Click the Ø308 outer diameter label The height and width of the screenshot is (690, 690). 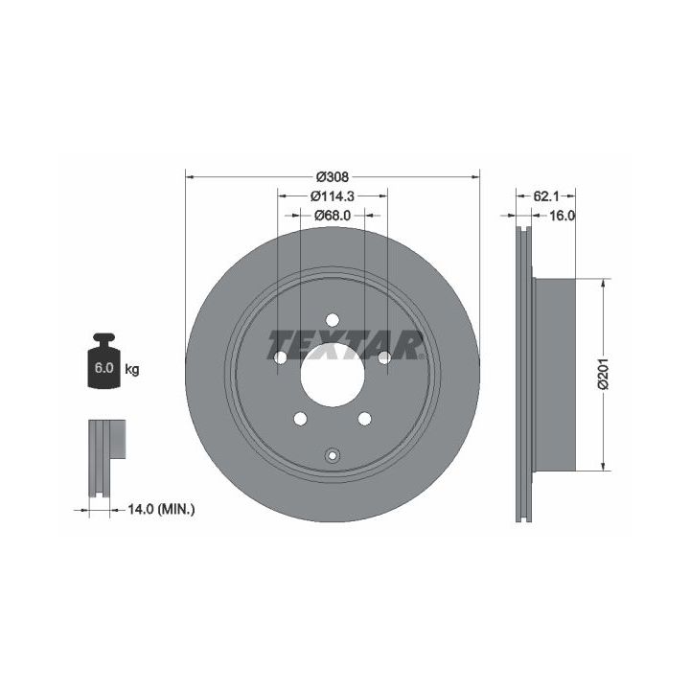(333, 177)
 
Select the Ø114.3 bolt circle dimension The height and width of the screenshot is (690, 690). (333, 196)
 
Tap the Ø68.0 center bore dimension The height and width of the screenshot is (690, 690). (333, 216)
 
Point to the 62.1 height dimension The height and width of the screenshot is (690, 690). (545, 196)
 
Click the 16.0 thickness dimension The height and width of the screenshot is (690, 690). (562, 216)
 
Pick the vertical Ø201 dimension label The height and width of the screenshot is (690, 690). (603, 374)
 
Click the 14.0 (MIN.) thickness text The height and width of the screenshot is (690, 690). (161, 510)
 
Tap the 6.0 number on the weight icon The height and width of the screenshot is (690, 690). (103, 368)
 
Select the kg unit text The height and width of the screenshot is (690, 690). (132, 369)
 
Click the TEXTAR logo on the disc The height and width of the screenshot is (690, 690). (346, 345)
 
